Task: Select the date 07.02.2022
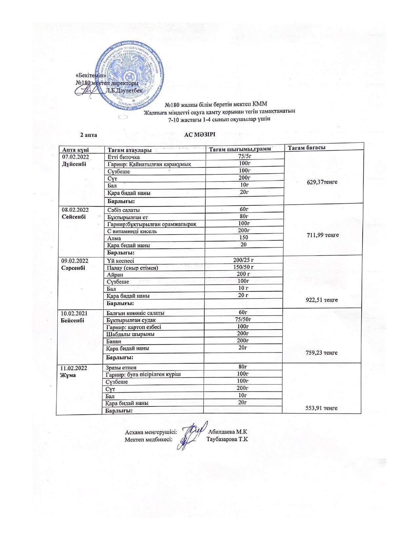tap(75, 157)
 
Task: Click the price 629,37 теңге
tap(321, 182)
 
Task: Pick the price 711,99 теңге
tap(322, 235)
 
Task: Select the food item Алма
tap(114, 238)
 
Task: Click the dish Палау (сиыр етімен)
tap(132, 268)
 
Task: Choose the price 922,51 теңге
tap(321, 300)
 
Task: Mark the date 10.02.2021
tap(75, 313)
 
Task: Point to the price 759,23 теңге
tap(321, 353)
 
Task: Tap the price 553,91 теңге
tap(321, 408)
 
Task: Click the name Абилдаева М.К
tap(228, 432)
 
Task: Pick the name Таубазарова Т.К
tap(227, 439)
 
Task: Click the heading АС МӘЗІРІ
tap(200, 135)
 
